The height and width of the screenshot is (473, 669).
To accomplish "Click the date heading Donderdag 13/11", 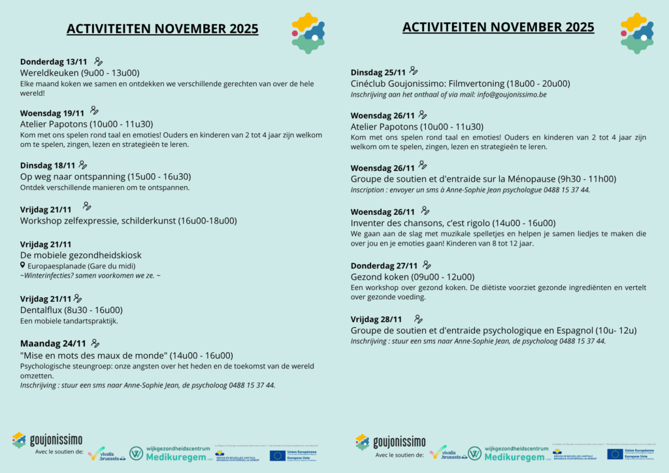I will pyautogui.click(x=54, y=62).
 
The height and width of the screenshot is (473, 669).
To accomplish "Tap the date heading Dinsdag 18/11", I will pyautogui.click(x=48, y=166).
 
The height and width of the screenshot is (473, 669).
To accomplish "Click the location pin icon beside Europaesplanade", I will pyautogui.click(x=23, y=266).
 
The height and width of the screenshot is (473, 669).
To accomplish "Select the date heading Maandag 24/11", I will pyautogui.click(x=53, y=344).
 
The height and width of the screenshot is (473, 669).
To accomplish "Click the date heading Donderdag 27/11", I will pyautogui.click(x=384, y=266).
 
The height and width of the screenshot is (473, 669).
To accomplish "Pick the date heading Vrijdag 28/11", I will pyautogui.click(x=376, y=319).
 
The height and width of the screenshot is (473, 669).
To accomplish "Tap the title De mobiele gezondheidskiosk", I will pyautogui.click(x=80, y=255).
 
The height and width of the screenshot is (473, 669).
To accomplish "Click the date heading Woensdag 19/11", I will pyautogui.click(x=52, y=112).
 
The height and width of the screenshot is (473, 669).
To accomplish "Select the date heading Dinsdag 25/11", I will pyautogui.click(x=378, y=73).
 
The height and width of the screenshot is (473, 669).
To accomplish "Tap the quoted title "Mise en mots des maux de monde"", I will pyautogui.click(x=93, y=355).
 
